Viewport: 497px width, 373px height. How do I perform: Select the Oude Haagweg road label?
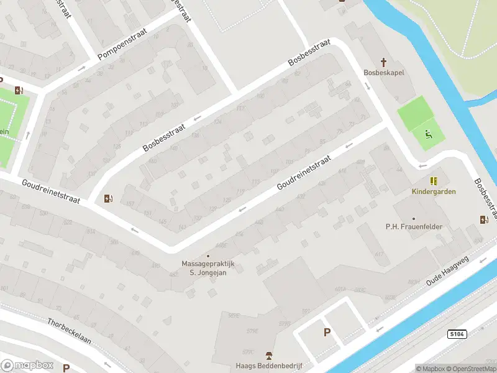click(447, 271)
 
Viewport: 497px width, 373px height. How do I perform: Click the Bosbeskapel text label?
click(384, 73)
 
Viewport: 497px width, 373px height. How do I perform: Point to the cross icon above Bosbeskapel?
click(384, 62)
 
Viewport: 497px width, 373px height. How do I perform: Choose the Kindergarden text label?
click(434, 191)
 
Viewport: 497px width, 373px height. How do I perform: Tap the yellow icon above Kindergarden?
click(434, 181)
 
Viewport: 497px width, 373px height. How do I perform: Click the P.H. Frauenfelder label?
click(414, 226)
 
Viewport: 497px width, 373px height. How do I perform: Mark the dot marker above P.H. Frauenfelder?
click(414, 218)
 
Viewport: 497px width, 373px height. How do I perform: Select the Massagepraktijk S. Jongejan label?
click(207, 267)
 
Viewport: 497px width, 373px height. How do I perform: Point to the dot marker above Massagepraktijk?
click(207, 256)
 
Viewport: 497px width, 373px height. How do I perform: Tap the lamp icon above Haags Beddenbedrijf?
click(268, 355)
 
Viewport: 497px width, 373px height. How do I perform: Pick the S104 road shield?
click(457, 334)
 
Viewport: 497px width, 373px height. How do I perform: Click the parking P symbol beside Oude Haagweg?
click(327, 333)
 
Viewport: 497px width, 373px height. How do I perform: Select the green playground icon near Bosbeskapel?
click(428, 133)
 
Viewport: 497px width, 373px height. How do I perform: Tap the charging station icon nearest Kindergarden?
click(484, 219)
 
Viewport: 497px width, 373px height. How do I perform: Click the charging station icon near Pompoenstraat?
click(19, 90)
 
